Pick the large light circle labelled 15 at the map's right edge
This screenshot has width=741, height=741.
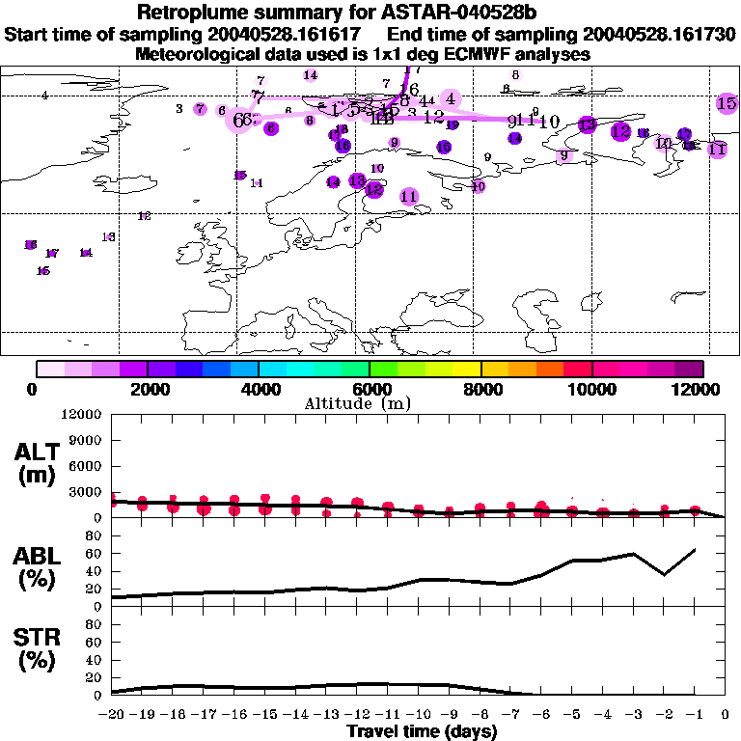(727, 103)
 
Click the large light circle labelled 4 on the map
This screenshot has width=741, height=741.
(450, 98)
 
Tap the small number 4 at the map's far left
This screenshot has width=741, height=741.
(44, 95)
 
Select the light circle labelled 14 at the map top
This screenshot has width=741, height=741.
(311, 75)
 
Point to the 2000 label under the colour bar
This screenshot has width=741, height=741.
(148, 389)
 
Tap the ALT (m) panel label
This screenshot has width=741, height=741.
(40, 462)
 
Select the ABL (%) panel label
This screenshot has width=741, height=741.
(40, 568)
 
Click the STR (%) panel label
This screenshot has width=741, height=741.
(40, 648)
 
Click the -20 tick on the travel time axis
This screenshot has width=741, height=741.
(112, 714)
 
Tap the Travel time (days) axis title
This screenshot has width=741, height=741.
(422, 731)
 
